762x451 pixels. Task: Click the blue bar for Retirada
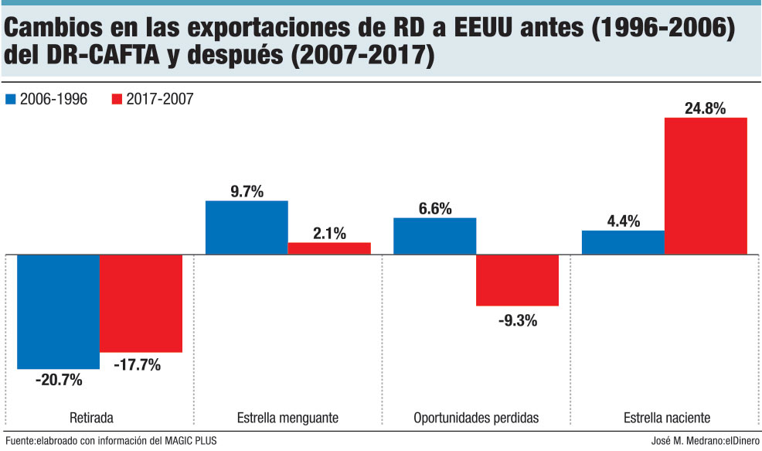pos(58,311)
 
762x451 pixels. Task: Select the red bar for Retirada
pos(141,302)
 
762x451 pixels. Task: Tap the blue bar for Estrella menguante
pos(246,227)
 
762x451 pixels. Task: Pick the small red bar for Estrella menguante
pos(329,248)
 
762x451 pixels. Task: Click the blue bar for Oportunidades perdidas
pos(434,236)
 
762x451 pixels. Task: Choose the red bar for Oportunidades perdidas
pos(517,280)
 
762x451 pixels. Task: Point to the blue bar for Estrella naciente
pos(623,242)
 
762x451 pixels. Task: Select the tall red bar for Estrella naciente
pos(706,186)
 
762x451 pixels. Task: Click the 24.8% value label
pos(705,109)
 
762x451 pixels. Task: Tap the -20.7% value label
pos(58,379)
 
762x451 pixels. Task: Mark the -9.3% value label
pos(517,318)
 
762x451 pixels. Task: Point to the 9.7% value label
pos(246,191)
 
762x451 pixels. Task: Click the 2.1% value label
pos(329,233)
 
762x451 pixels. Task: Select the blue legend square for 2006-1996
pos(11,99)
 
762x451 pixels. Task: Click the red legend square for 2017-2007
pos(117,99)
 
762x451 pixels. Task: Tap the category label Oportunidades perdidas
pos(476,419)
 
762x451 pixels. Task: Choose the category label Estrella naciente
pos(667,419)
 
